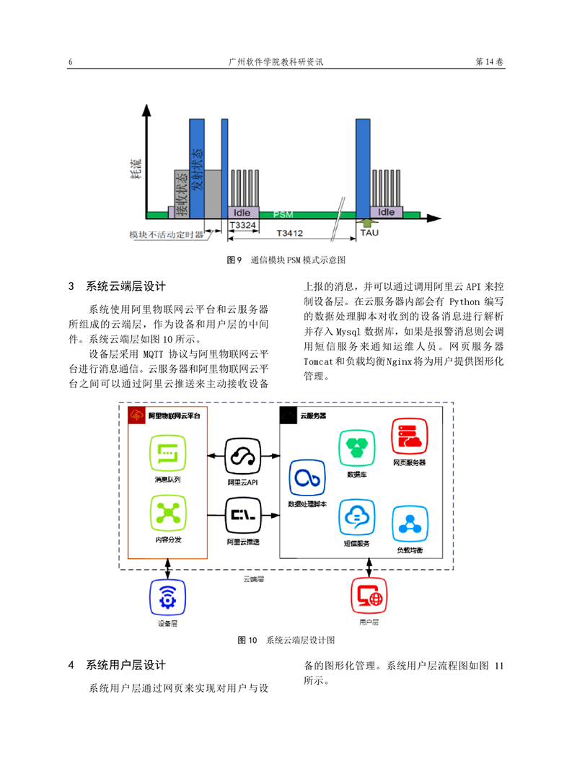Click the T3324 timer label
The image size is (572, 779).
pos(242,225)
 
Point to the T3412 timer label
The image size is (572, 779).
pos(290,233)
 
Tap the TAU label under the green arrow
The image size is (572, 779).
pos(369,232)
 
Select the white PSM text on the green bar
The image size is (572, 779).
pos(283,215)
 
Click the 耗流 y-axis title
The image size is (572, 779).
pos(136,169)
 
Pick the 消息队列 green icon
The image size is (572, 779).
pos(168,453)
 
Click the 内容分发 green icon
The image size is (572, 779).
pos(168,514)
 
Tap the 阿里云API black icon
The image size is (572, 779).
pos(242,456)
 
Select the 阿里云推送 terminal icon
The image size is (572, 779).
pos(242,516)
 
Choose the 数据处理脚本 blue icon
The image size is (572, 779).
pos(307,478)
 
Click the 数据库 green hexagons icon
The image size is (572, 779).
pos(357,448)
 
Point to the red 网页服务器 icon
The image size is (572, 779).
pos(410,436)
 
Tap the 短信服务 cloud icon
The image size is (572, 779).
pos(357,517)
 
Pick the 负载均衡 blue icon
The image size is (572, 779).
pos(410,524)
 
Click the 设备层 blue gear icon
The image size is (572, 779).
pos(167,597)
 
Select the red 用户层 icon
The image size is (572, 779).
pos(369,596)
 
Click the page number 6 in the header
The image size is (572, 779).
pos(71,62)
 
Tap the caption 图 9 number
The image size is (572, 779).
pos(234,260)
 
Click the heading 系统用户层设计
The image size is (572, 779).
pos(126,665)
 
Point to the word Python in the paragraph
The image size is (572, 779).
pos(465,302)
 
